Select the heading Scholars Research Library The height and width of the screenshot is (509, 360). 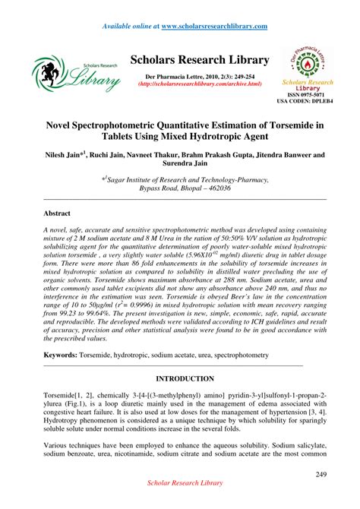(200, 60)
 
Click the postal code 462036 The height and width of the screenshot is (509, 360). (237, 187)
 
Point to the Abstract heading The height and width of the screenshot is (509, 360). (57, 215)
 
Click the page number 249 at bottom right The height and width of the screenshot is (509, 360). (321, 475)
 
